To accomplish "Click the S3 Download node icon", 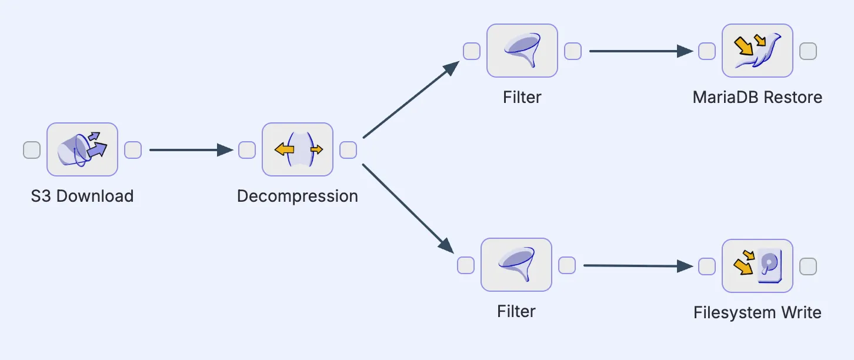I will tap(82, 149).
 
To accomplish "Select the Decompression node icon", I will tap(298, 149).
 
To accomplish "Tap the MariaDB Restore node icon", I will tap(758, 51).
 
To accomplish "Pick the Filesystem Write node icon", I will tap(758, 265).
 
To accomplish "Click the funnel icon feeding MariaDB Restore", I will tap(522, 51).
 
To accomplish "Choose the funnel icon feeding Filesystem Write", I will tap(516, 265).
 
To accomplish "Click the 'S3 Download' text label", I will tap(82, 196).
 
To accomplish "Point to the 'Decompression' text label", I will tap(298, 196).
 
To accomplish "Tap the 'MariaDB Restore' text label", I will tap(758, 97).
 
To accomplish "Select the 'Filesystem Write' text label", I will tap(758, 312).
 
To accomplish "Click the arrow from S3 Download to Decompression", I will tap(191, 150).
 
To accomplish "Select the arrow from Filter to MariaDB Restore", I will tap(641, 51).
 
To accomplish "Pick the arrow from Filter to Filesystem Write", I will tap(638, 266).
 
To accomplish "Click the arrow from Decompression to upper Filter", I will tap(411, 100).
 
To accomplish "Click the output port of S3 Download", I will tap(133, 150).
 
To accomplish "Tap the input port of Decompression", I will tap(247, 150).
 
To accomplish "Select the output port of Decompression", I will tap(348, 150).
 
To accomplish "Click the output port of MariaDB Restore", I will tap(808, 51).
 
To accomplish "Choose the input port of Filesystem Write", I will tap(707, 266).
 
